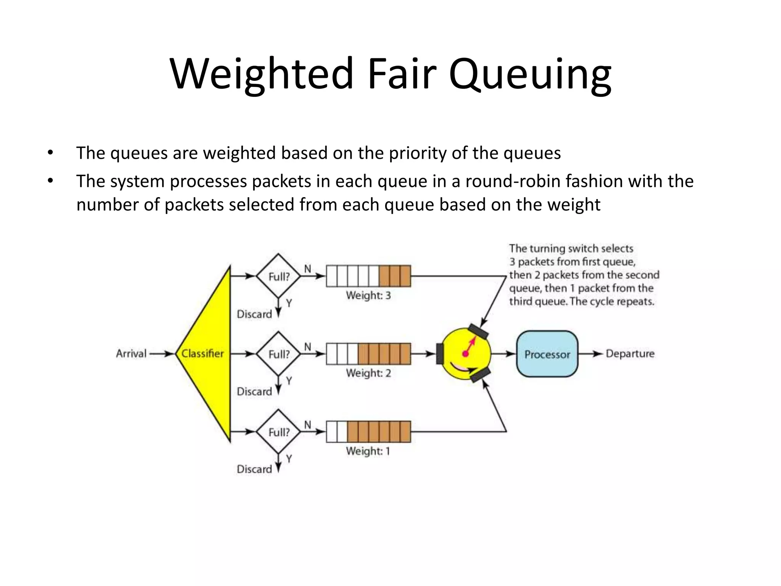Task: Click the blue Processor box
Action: click(x=547, y=354)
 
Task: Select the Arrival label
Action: click(x=131, y=354)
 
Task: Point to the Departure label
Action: click(x=630, y=354)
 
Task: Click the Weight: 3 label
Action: click(x=368, y=296)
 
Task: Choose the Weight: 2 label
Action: click(x=368, y=373)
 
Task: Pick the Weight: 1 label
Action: click(x=368, y=451)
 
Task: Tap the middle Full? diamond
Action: click(x=278, y=354)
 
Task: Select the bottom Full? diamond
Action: click(x=278, y=432)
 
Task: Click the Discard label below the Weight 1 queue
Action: click(x=254, y=469)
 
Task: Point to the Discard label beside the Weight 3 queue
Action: click(x=254, y=314)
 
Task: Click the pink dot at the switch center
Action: click(x=465, y=354)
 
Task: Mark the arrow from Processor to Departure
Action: click(x=591, y=354)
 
